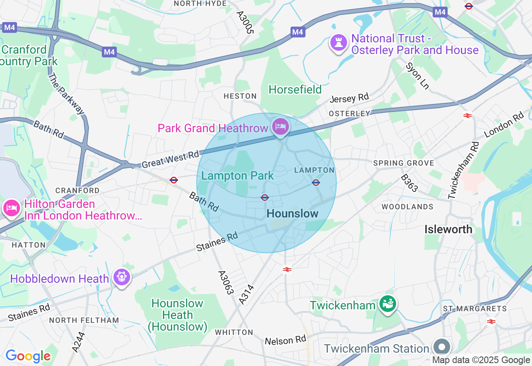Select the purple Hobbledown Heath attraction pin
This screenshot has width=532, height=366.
point(121,277)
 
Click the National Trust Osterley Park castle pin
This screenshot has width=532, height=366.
point(339,42)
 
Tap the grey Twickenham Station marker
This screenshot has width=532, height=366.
point(441,346)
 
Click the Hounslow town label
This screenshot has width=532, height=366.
point(292,214)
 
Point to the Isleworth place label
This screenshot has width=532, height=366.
point(448,229)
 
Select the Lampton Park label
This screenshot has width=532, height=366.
point(237,176)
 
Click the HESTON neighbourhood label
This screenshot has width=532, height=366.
point(240,96)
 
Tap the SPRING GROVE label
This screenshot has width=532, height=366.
point(404,163)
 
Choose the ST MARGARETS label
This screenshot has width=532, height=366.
point(475,309)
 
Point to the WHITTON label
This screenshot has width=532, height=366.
point(234,332)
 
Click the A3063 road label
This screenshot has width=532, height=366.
point(226,283)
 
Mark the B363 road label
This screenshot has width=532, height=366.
point(409,183)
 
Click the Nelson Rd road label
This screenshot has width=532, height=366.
point(285,341)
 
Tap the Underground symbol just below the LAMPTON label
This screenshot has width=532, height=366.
point(316,182)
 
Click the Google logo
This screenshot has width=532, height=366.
point(28,356)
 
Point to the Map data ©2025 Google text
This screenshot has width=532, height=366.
point(481,360)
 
